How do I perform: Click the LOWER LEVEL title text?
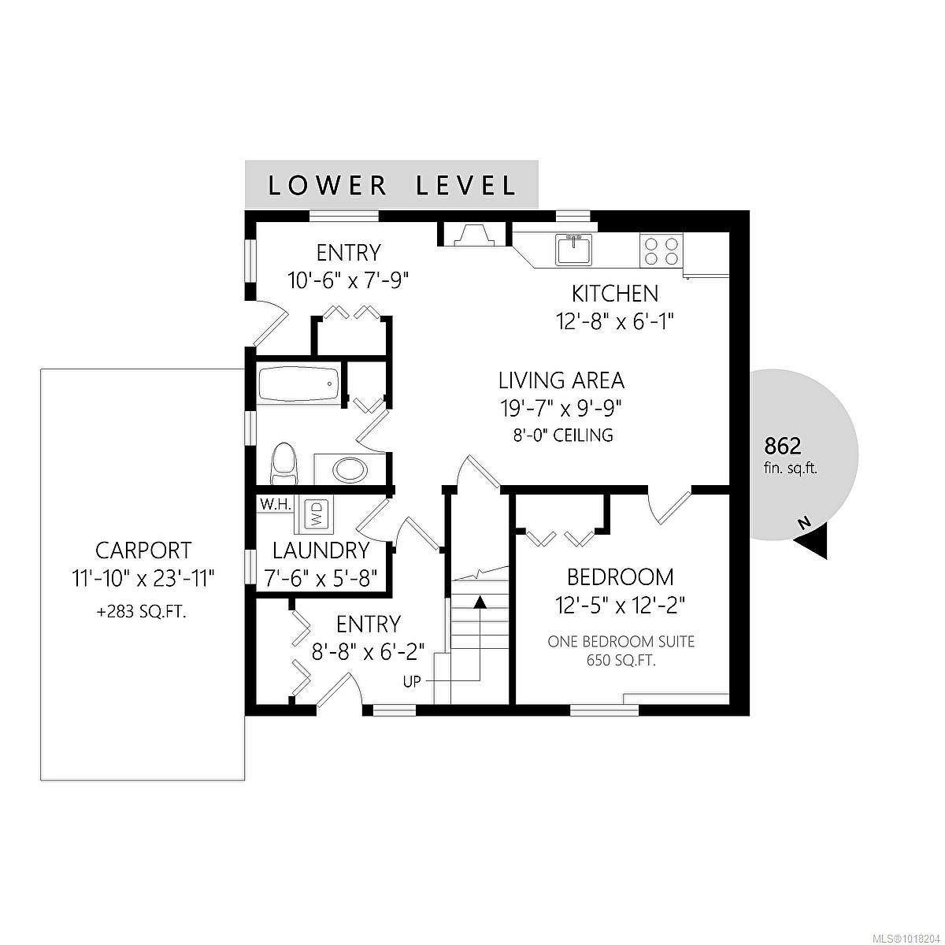pos(391,185)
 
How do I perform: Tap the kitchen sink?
pos(573,249)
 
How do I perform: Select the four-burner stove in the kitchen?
pos(661,250)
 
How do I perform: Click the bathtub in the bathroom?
pos(298,384)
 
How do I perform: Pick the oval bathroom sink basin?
pos(350,470)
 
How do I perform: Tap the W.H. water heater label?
pos(276,504)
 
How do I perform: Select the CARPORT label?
pos(143,550)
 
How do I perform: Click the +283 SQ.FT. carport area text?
pos(142,612)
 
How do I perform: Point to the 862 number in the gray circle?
pos(783,447)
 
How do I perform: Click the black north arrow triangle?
pos(813,542)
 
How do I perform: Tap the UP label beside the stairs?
pos(412,681)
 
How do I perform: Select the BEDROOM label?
pos(620,577)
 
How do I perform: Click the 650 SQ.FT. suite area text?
pos(621,661)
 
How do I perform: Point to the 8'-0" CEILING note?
pos(563,435)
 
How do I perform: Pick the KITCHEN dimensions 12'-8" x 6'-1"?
pos(614,322)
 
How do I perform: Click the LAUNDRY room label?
pos(321,550)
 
